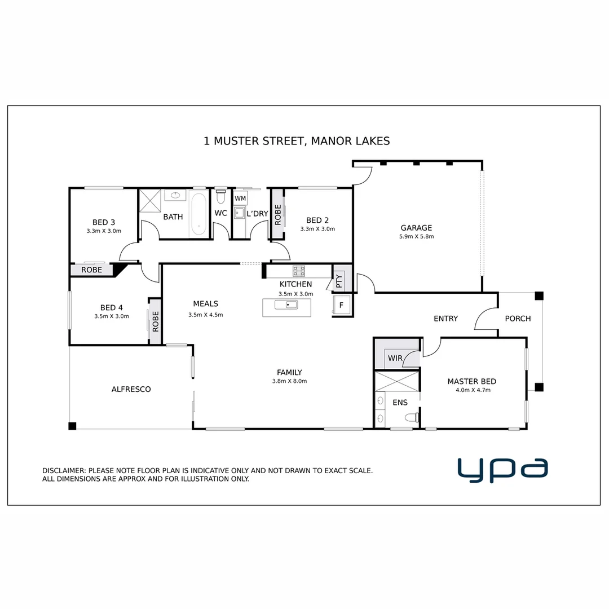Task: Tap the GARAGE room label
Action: tap(416, 228)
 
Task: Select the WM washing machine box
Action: tap(240, 198)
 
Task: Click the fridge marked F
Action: tap(341, 305)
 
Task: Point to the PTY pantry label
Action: tap(339, 281)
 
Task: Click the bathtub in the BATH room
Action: tap(198, 214)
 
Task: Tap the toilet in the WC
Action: tap(220, 197)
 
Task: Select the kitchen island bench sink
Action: tap(286, 305)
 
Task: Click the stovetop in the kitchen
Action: tap(299, 270)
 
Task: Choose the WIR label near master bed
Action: tap(394, 358)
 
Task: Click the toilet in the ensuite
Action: tap(411, 417)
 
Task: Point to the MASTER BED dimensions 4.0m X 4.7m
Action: tap(471, 390)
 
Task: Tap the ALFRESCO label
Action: tap(131, 389)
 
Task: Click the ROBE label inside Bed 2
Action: tap(277, 215)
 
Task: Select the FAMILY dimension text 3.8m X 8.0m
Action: tap(289, 381)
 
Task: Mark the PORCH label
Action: tap(518, 319)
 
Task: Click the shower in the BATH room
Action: tap(151, 200)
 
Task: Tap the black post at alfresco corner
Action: tap(72, 426)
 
